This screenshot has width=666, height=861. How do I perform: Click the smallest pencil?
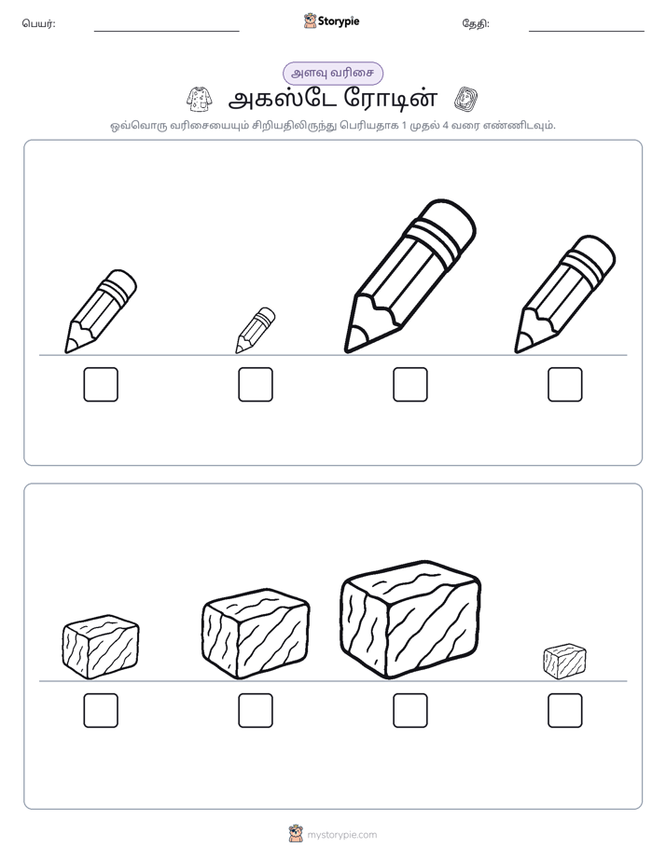pyautogui.click(x=256, y=330)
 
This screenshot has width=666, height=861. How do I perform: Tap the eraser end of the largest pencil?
pyautogui.click(x=450, y=224)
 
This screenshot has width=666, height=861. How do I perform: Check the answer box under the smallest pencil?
pyautogui.click(x=256, y=384)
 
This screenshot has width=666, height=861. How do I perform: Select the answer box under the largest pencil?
pyautogui.click(x=410, y=384)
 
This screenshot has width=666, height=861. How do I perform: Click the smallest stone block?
pyautogui.click(x=564, y=662)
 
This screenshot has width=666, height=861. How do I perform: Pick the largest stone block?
pyautogui.click(x=410, y=620)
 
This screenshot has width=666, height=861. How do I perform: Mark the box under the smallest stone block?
pyautogui.click(x=565, y=711)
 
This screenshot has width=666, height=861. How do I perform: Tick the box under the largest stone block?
pyautogui.click(x=410, y=711)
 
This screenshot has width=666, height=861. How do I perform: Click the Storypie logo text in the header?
pyautogui.click(x=339, y=21)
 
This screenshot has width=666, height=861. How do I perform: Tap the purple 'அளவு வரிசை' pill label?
pyautogui.click(x=332, y=73)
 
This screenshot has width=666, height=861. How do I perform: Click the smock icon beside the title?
pyautogui.click(x=200, y=99)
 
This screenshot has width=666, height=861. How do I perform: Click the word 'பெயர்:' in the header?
pyautogui.click(x=38, y=23)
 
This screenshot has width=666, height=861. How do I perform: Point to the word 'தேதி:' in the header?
pyautogui.click(x=476, y=23)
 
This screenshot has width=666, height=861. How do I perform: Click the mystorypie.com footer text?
pyautogui.click(x=341, y=835)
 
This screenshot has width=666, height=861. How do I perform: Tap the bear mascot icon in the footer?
pyautogui.click(x=296, y=834)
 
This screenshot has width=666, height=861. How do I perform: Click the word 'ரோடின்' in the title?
pyautogui.click(x=391, y=99)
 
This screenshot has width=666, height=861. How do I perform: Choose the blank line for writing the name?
pyautogui.click(x=166, y=32)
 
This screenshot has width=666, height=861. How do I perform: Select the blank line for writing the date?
pyautogui.click(x=587, y=32)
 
